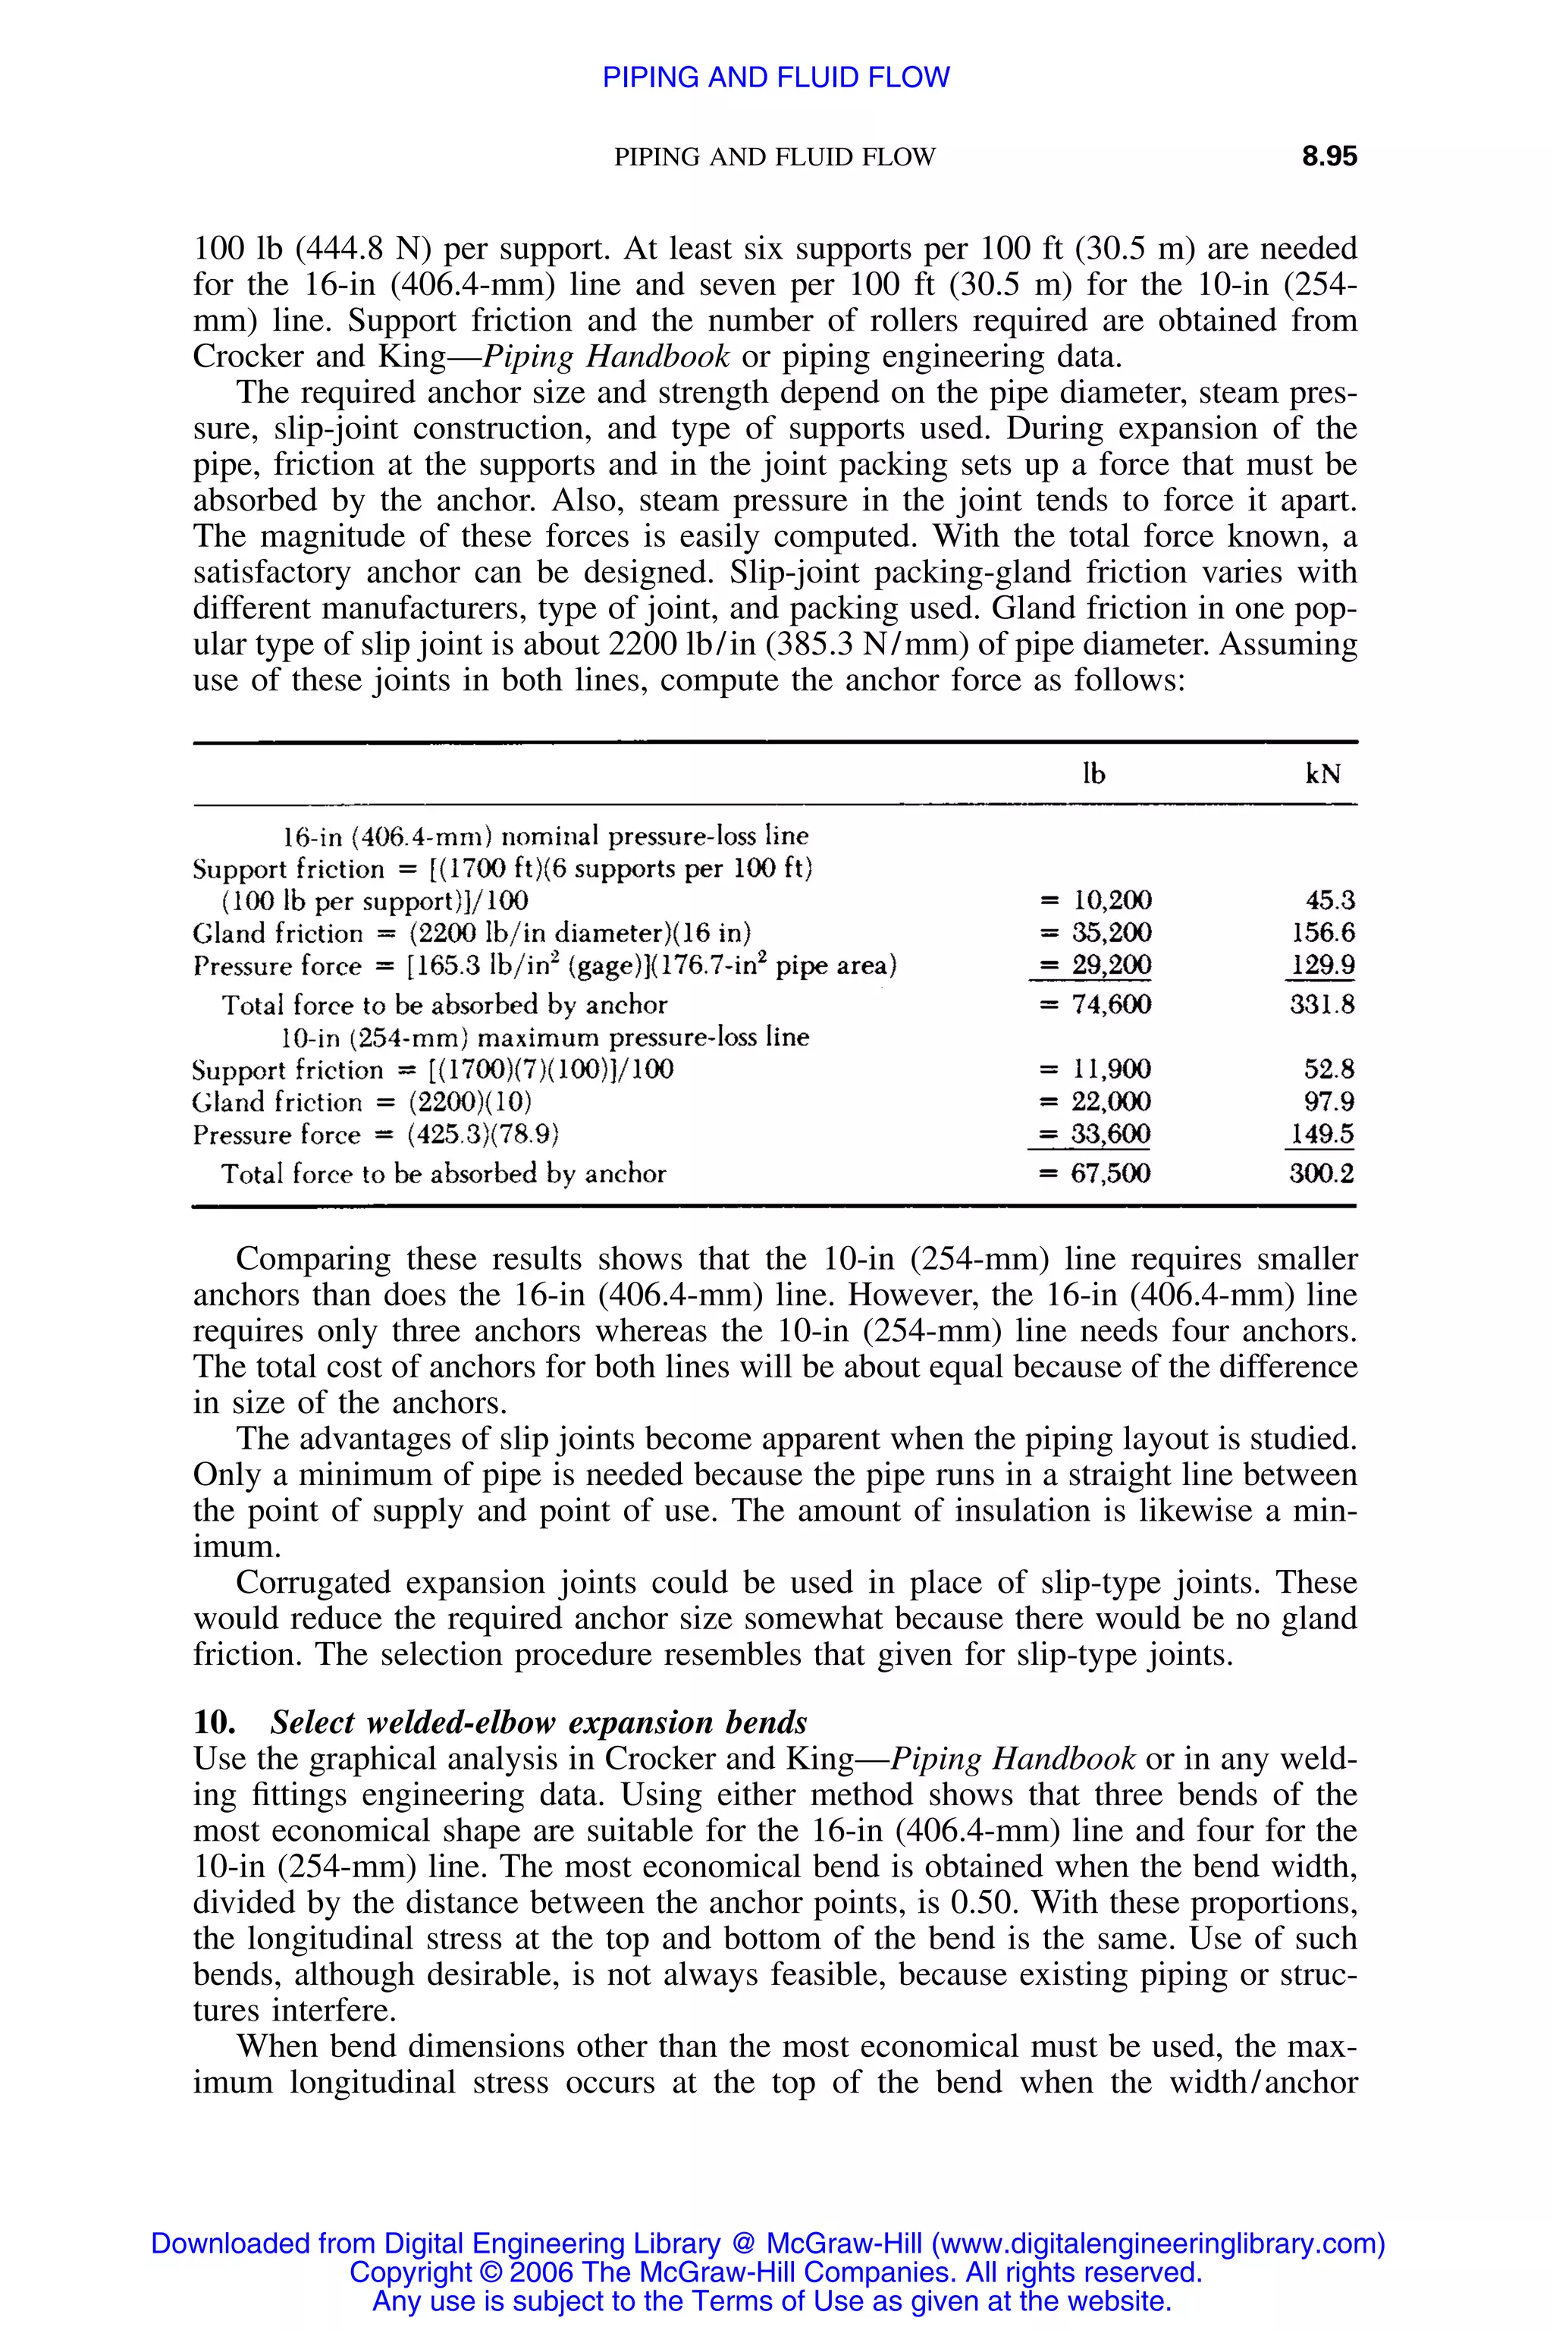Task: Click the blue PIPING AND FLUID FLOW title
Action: click(x=776, y=77)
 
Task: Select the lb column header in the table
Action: click(x=1093, y=774)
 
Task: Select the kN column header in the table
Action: click(x=1323, y=774)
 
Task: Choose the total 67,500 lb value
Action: click(x=1111, y=1174)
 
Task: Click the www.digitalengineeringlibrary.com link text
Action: click(x=1154, y=2243)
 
